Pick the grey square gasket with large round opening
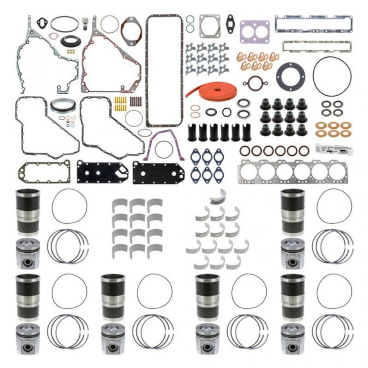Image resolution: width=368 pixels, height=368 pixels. coord(210,26)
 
